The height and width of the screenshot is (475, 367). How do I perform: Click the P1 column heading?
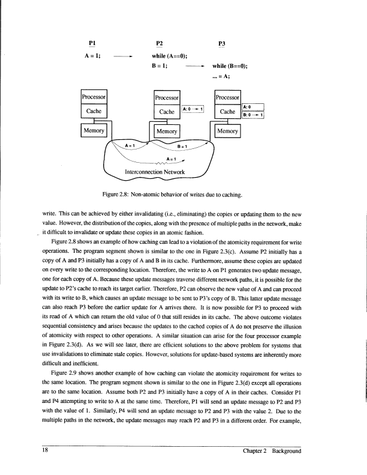tap(91, 44)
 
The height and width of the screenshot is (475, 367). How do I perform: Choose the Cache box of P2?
tap(164, 112)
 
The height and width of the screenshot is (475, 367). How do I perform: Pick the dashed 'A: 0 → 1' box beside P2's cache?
tap(194, 109)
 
